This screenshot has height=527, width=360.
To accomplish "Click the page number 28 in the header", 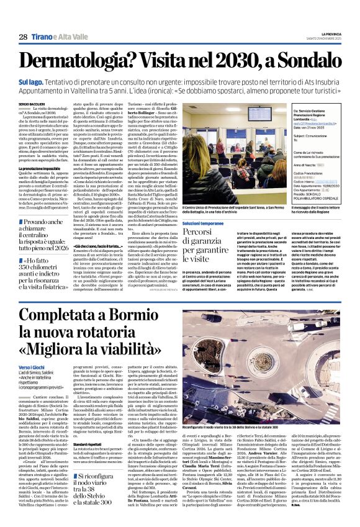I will (x=23, y=37).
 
